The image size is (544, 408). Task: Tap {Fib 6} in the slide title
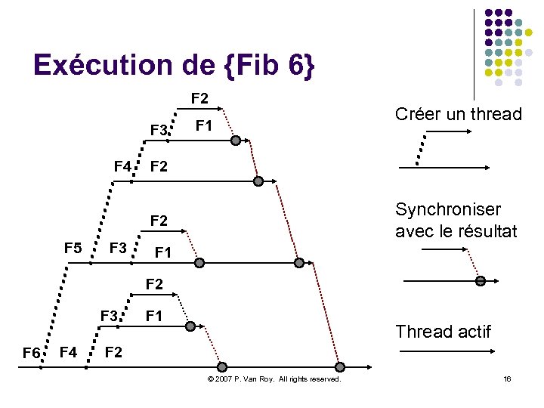(268, 65)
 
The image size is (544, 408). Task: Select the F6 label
(31, 353)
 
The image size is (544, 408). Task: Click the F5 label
(73, 248)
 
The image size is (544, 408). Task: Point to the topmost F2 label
(200, 98)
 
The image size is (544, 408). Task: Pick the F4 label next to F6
(68, 351)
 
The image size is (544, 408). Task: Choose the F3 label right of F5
(118, 248)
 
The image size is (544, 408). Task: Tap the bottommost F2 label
(113, 351)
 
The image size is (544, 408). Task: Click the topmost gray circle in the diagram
(236, 141)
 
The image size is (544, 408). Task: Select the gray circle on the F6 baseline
(340, 366)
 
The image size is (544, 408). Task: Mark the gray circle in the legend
(480, 281)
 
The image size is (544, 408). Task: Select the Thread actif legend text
(443, 331)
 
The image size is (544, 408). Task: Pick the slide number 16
(508, 377)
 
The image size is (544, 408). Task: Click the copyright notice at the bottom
(274, 377)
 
